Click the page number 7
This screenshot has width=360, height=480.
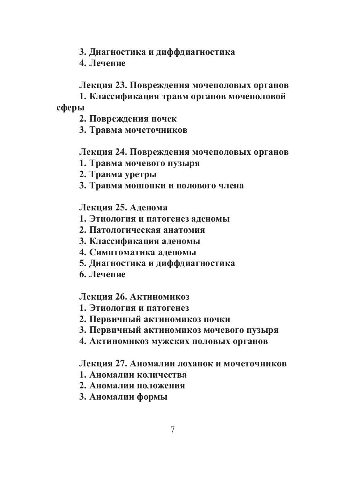[x=172, y=430]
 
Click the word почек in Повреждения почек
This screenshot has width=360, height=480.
[x=164, y=119]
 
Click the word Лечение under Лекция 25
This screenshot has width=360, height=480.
[x=107, y=274]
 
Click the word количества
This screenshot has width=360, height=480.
[x=162, y=375]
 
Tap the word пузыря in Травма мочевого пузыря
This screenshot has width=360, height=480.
[x=185, y=163]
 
